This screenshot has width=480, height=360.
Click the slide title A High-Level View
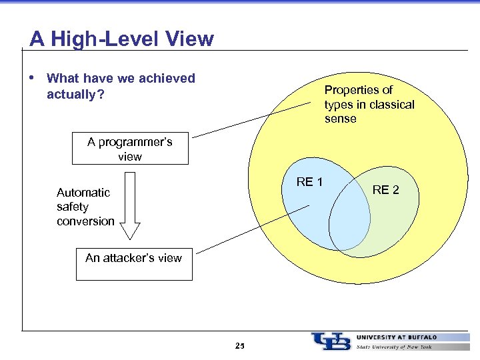pos(121,39)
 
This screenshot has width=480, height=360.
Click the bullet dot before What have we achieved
pos(33,77)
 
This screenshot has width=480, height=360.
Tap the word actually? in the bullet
pos(75,94)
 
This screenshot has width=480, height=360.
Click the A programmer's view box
pos(130,149)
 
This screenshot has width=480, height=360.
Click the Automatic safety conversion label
pos(85,207)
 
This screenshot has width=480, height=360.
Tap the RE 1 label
pos(309,182)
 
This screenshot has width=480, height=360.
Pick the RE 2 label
pos(385,190)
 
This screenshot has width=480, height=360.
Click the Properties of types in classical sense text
pos(369,105)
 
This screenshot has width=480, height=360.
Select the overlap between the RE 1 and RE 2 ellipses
pos(349,217)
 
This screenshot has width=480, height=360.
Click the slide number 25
pos(240,346)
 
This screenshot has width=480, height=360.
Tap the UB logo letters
pos(331,341)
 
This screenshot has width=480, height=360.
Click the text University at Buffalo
pos(397,337)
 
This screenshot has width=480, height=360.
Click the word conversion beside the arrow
pos(85,221)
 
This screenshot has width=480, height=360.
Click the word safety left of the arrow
pos(73,207)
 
